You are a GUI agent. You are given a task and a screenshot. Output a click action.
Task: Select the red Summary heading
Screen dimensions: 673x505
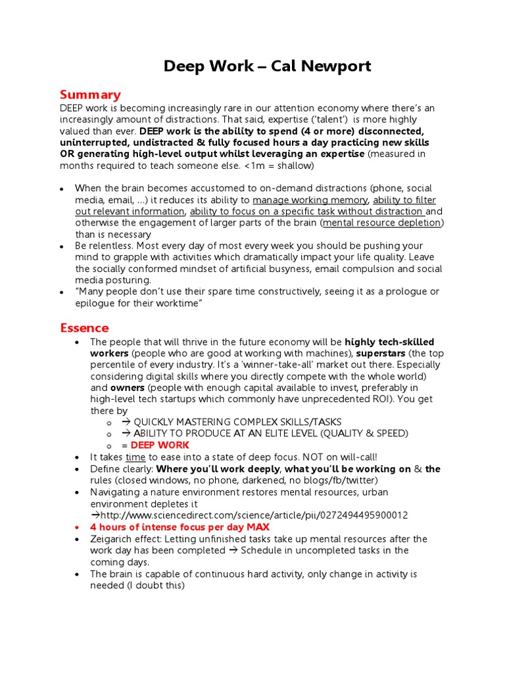pyautogui.click(x=90, y=95)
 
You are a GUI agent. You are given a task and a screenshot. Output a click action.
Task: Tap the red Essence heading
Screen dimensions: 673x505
pyautogui.click(x=84, y=327)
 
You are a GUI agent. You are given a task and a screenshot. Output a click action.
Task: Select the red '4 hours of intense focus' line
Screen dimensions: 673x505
pyautogui.click(x=180, y=527)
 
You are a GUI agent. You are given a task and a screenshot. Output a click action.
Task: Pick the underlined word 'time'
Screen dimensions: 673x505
pyautogui.click(x=135, y=457)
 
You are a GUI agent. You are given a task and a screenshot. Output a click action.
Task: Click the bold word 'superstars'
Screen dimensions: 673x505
pyautogui.click(x=381, y=354)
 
